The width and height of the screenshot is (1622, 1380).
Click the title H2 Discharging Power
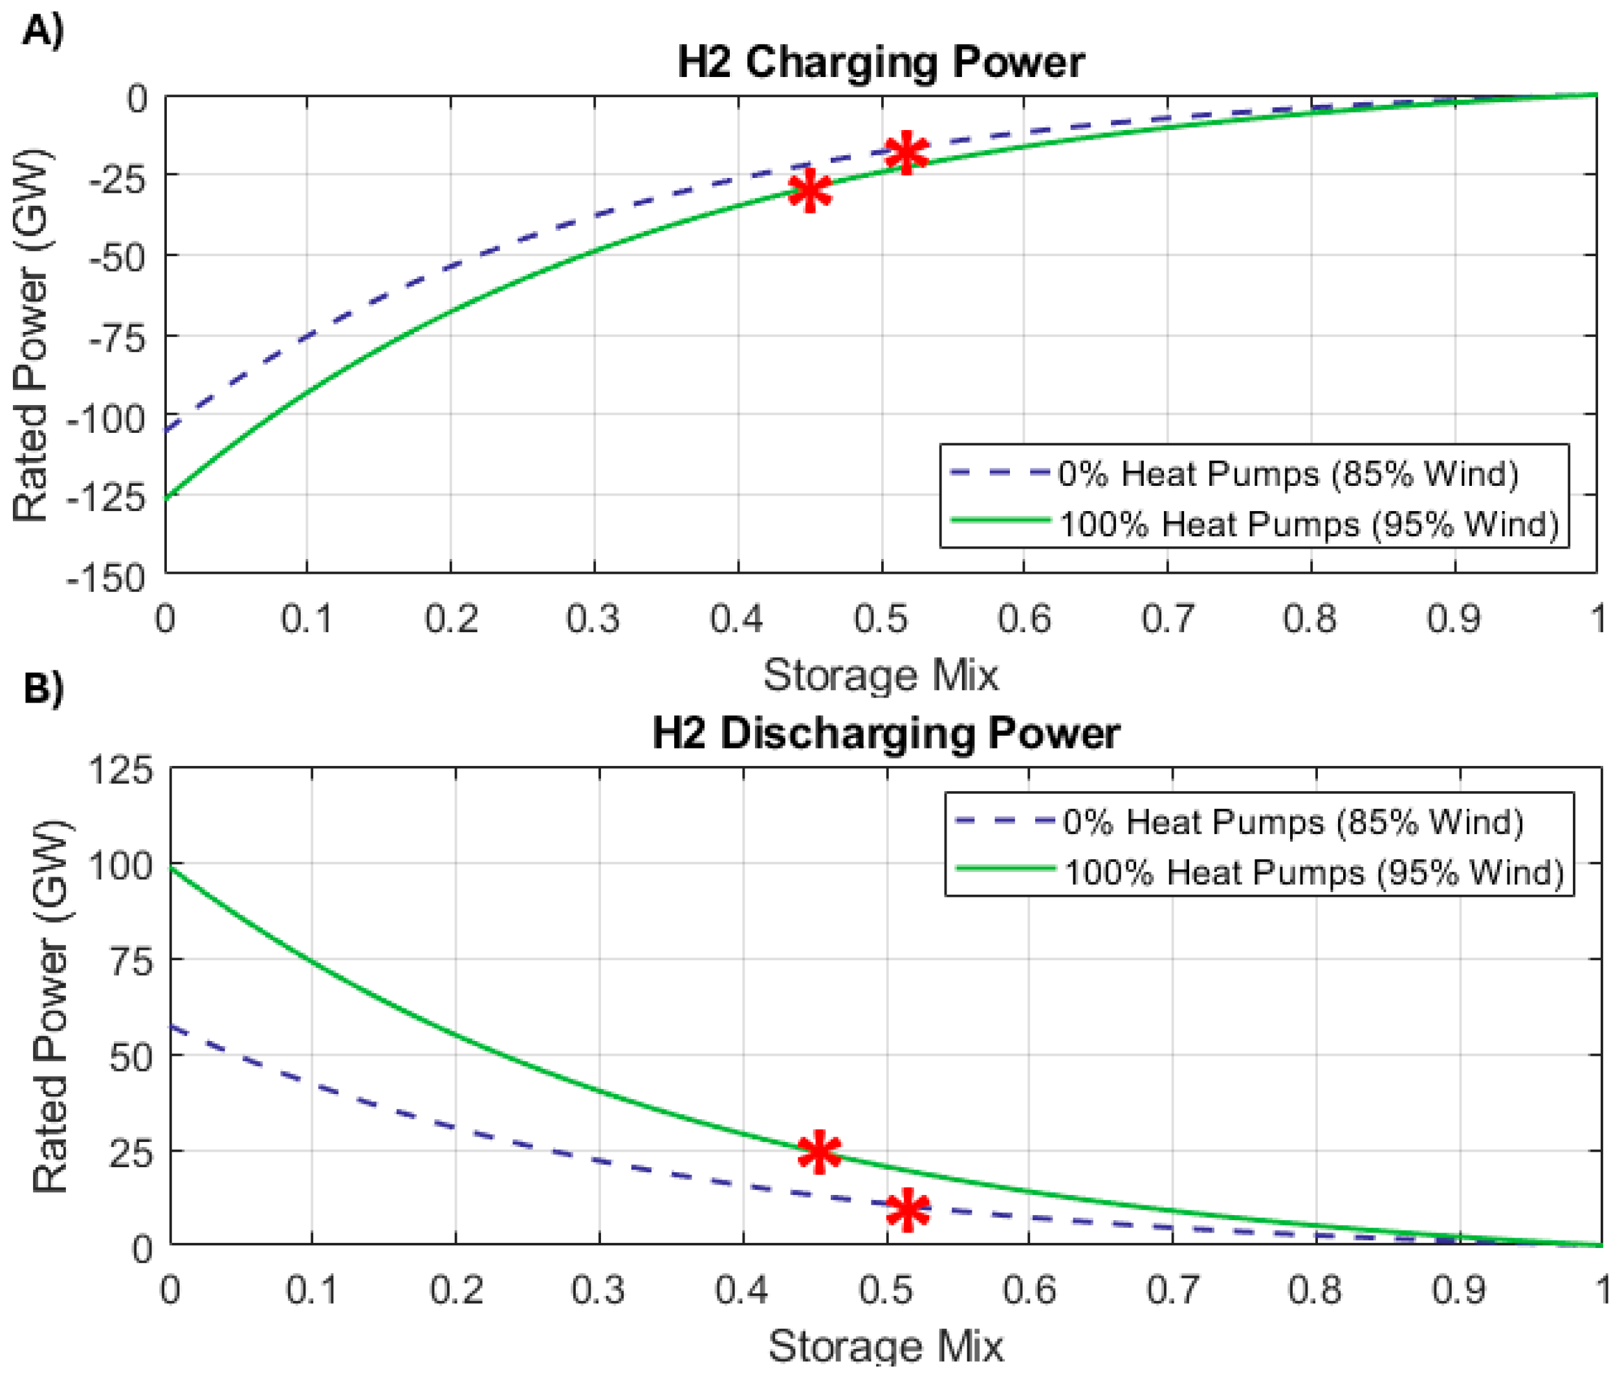pos(885,733)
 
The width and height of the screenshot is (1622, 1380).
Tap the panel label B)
pos(43,688)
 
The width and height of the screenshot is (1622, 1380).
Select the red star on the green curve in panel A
pos(809,190)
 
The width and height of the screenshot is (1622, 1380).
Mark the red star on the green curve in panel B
pos(819,1152)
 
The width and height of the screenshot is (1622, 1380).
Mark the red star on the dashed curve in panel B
pos(907,1209)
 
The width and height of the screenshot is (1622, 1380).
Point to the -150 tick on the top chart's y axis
pos(107,579)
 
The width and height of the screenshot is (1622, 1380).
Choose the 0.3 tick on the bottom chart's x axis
pos(598,1289)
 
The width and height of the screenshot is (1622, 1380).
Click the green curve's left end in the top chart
pos(168,498)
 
